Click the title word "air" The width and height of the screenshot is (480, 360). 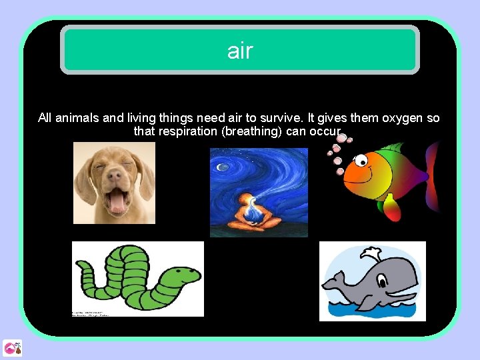tap(240, 50)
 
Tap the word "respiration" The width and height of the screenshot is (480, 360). tap(186, 131)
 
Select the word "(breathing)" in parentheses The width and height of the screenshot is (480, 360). tap(251, 131)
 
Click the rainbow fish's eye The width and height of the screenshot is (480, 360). tap(361, 160)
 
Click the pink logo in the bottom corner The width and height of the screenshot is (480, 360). tap(12, 347)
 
